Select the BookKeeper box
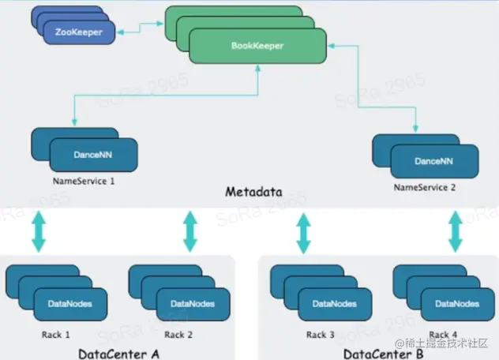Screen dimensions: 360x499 tap(257, 47)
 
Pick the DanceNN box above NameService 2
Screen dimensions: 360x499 tap(434, 161)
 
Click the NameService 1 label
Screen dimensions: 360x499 tap(84, 181)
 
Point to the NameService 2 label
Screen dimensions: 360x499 tap(424, 189)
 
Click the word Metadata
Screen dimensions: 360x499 tap(254, 192)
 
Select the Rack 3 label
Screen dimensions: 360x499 tap(317, 334)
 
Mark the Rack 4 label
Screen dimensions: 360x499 tap(441, 334)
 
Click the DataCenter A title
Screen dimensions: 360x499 tap(118, 352)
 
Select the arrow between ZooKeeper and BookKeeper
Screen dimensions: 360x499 tap(140, 29)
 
